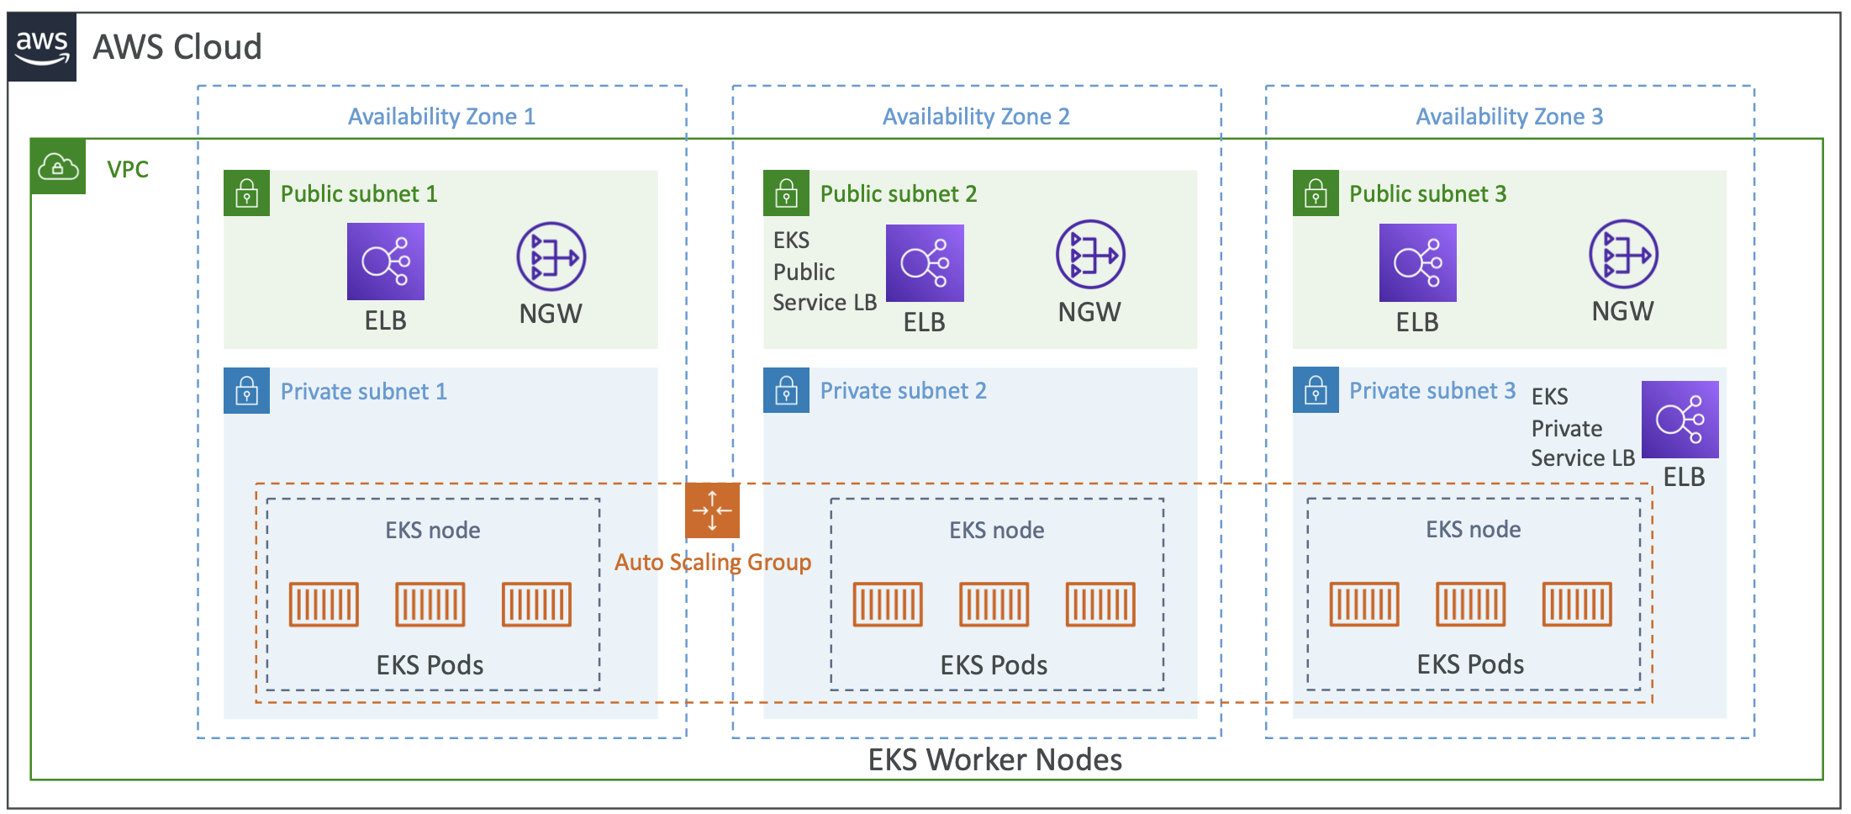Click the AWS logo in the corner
pyautogui.click(x=42, y=47)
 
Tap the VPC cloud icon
pyautogui.click(x=58, y=166)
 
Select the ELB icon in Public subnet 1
pyautogui.click(x=385, y=262)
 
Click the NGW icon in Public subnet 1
pyautogui.click(x=551, y=256)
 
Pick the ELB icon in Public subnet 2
pyautogui.click(x=925, y=263)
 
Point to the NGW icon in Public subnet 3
pyautogui.click(x=1622, y=254)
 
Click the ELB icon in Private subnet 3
pyautogui.click(x=1680, y=420)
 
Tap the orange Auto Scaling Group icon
pyautogui.click(x=712, y=510)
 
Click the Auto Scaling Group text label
pyautogui.click(x=712, y=562)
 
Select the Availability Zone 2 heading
pyautogui.click(x=975, y=116)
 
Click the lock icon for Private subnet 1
pyautogui.click(x=246, y=391)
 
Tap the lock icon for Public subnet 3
pyautogui.click(x=1315, y=193)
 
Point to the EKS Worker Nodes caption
pyautogui.click(x=994, y=759)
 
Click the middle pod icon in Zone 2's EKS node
pyautogui.click(x=994, y=604)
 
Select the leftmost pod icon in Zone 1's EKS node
pyautogui.click(x=324, y=604)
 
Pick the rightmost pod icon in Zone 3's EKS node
pyautogui.click(x=1577, y=604)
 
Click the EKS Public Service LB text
pyautogui.click(x=823, y=272)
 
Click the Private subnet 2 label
pyautogui.click(x=903, y=391)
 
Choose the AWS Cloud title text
pyautogui.click(x=177, y=47)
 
